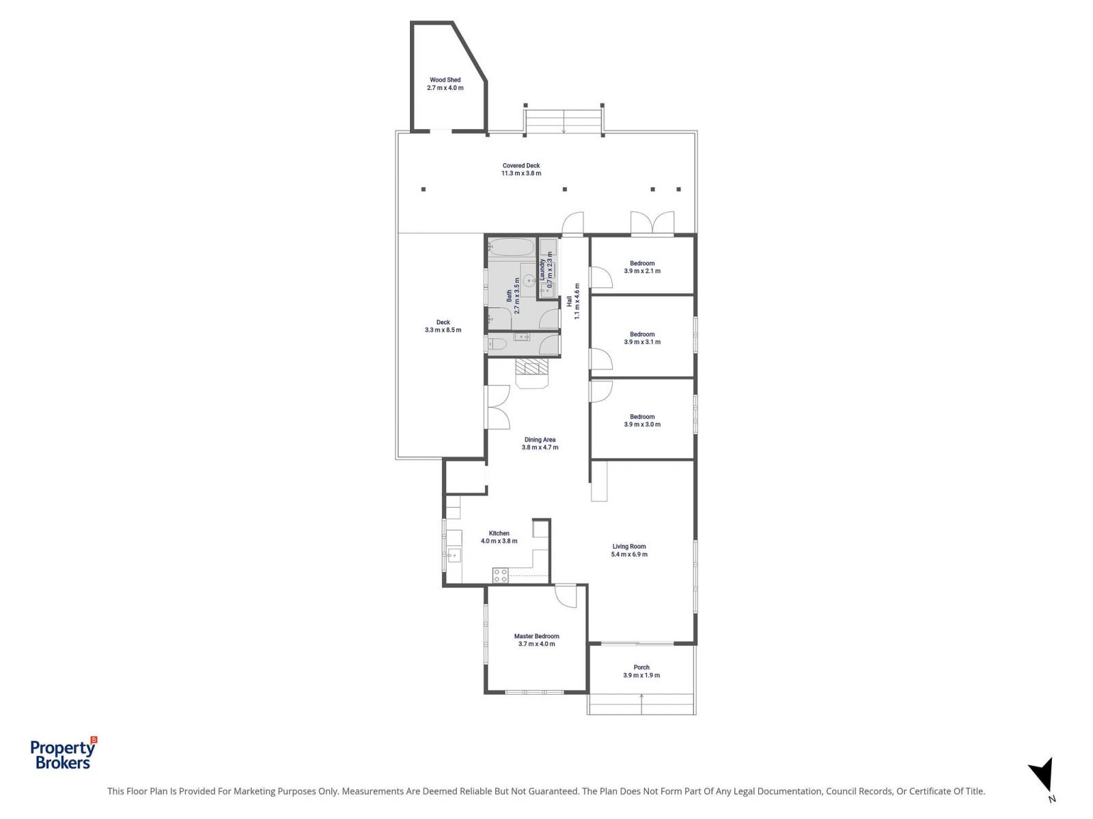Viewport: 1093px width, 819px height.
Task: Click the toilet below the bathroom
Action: coord(497,345)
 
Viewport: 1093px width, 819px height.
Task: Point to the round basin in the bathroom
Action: coord(529,279)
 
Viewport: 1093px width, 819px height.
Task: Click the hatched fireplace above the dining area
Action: coord(531,368)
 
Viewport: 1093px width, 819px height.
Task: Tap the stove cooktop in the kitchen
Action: coord(500,575)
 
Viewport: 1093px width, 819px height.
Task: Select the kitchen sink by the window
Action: coord(454,556)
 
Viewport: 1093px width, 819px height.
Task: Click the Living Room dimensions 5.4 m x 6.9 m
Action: coord(629,555)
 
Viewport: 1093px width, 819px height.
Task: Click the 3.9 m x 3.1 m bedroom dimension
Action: coord(642,343)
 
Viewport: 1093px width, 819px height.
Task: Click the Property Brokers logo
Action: coord(63,755)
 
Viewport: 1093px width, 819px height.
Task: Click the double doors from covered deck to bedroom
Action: coord(652,224)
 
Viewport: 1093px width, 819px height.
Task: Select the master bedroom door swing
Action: coord(566,595)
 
